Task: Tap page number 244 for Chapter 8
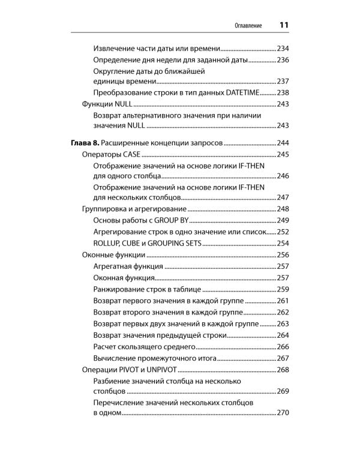click(x=283, y=143)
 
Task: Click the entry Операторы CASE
click(x=110, y=155)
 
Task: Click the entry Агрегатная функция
click(x=128, y=266)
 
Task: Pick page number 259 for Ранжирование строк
click(x=283, y=289)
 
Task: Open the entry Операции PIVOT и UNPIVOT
click(x=130, y=370)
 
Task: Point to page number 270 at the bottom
click(x=283, y=413)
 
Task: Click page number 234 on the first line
click(x=283, y=48)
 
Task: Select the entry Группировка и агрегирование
click(x=134, y=209)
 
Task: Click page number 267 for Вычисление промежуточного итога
click(x=283, y=358)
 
